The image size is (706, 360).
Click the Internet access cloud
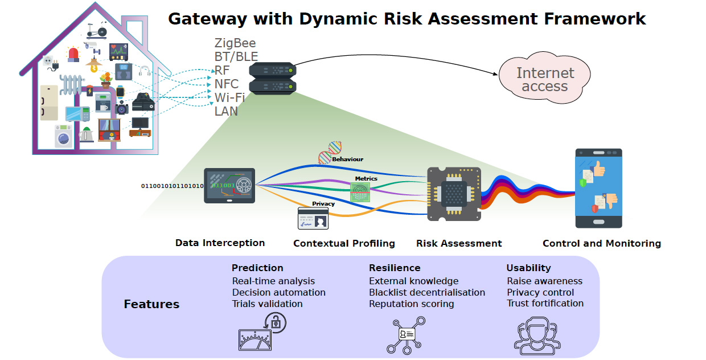pos(545,77)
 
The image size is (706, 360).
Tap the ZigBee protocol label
pos(235,43)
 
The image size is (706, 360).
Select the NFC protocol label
pos(226,84)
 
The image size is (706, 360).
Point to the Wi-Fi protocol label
pos(229,98)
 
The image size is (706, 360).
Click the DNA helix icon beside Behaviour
pos(330,153)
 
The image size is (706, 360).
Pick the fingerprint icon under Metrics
pos(360,193)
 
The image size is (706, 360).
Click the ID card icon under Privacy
pos(313,219)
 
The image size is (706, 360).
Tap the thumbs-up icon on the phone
pos(599,169)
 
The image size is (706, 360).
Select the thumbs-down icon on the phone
pos(611,201)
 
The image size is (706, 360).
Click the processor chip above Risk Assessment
pos(454,194)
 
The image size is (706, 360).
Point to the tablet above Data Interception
pos(229,186)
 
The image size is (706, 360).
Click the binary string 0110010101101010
pos(172,186)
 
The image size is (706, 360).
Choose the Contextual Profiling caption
pos(344,243)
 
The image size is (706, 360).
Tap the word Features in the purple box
pos(151,304)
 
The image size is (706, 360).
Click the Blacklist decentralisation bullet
pos(427,293)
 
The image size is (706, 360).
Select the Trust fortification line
pos(545,303)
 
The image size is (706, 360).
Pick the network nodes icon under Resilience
pos(406,335)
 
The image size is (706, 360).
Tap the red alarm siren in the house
pos(73,54)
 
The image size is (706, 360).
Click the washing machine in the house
pos(64,137)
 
